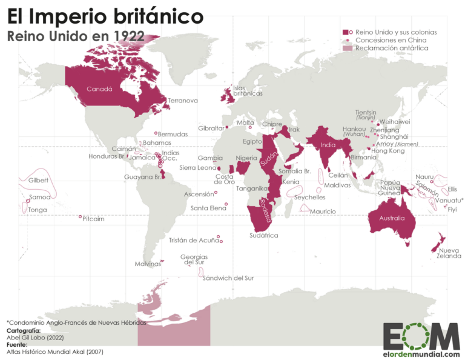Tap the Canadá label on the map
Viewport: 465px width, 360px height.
[99, 89]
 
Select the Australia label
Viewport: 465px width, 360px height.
[392, 218]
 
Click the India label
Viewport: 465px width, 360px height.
[328, 145]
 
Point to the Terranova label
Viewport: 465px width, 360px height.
[183, 101]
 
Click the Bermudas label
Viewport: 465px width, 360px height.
[173, 134]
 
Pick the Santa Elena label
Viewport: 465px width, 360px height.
[208, 208]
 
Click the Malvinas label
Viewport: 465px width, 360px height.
[148, 264]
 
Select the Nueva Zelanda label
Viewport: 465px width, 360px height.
[449, 253]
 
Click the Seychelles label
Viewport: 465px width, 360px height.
[309, 197]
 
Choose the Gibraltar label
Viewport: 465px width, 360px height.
[211, 128]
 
